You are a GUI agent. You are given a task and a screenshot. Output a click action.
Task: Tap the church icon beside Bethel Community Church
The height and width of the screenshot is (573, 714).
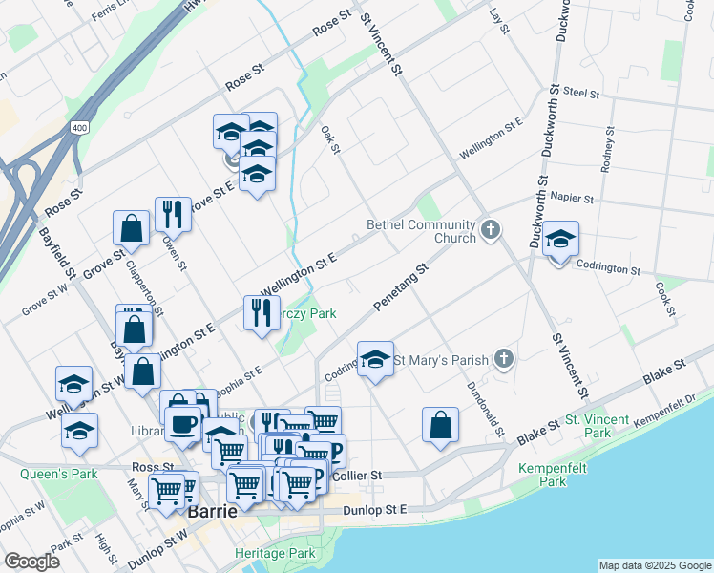(x=491, y=229)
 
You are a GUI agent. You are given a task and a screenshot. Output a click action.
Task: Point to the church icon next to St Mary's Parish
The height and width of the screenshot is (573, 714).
(x=505, y=359)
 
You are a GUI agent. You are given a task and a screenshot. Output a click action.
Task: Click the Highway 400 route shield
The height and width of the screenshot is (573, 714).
(x=79, y=127)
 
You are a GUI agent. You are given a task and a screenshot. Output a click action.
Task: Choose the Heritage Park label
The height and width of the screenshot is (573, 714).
(x=275, y=554)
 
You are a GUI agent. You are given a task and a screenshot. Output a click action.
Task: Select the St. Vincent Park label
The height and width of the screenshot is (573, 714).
(x=597, y=426)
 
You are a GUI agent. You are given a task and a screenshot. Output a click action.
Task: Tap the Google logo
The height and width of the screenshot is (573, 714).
(x=32, y=562)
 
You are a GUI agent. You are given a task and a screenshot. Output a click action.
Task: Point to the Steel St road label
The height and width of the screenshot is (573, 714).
(x=581, y=94)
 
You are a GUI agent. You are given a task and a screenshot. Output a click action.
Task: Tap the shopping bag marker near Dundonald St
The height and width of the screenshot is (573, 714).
(x=440, y=425)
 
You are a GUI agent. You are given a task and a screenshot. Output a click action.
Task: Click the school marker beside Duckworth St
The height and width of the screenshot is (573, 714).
(x=561, y=240)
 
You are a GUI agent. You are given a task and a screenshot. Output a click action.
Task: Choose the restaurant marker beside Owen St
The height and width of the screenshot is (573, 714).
(x=173, y=213)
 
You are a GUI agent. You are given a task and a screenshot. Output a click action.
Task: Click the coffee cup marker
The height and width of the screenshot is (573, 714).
(x=182, y=423)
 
